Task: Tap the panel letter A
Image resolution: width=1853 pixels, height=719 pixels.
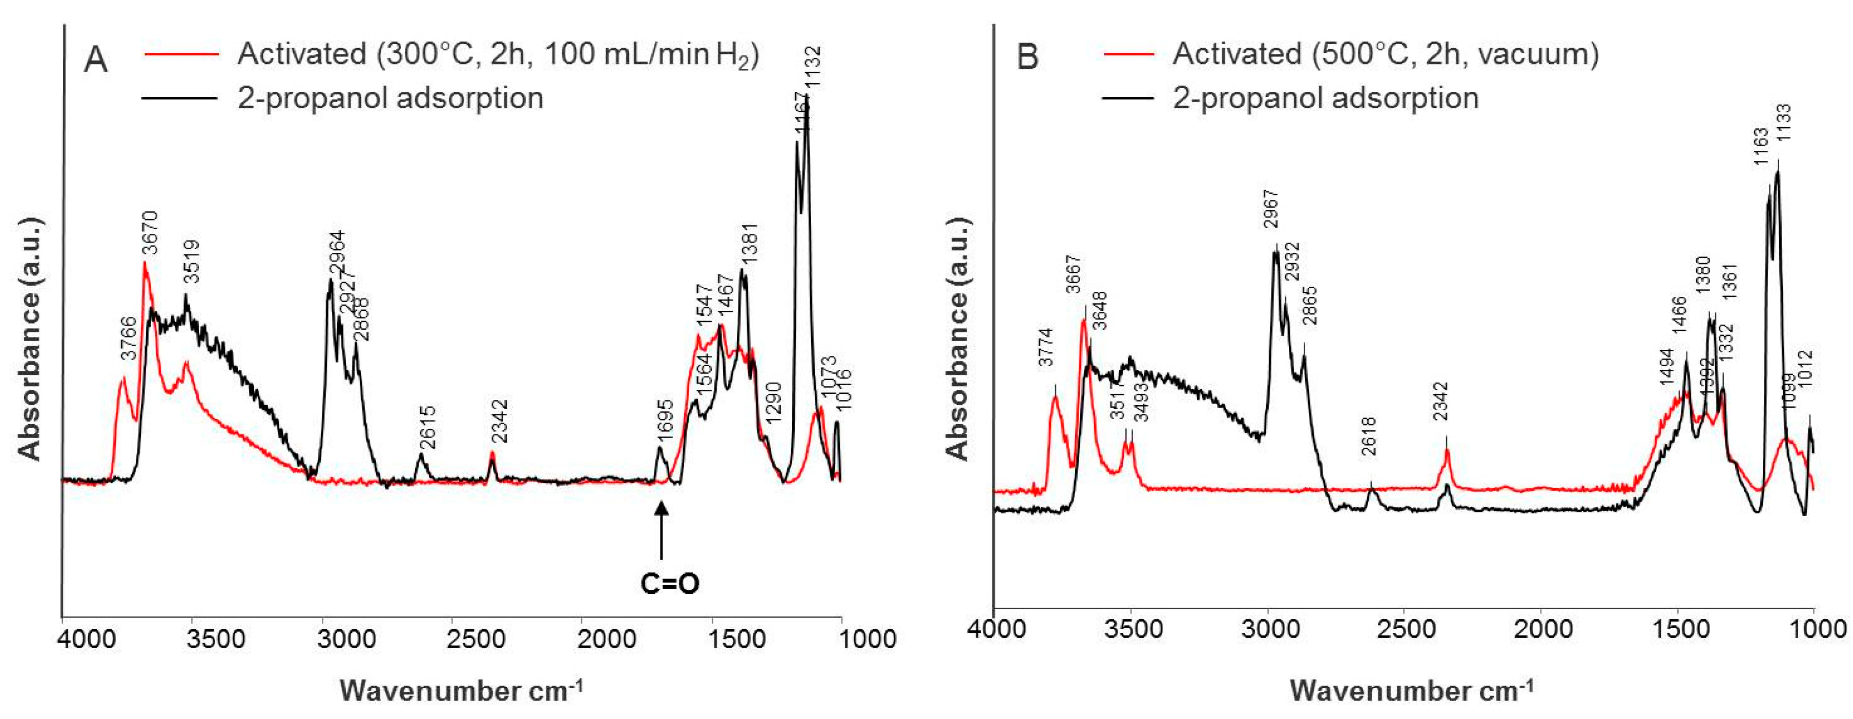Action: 96,59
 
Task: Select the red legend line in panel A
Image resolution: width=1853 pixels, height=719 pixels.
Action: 182,54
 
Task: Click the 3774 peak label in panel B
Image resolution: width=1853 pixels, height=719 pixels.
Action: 1046,347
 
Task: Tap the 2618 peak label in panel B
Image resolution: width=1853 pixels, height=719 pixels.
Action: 1368,436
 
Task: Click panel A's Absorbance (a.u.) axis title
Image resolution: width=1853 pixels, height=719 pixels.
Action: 30,338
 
